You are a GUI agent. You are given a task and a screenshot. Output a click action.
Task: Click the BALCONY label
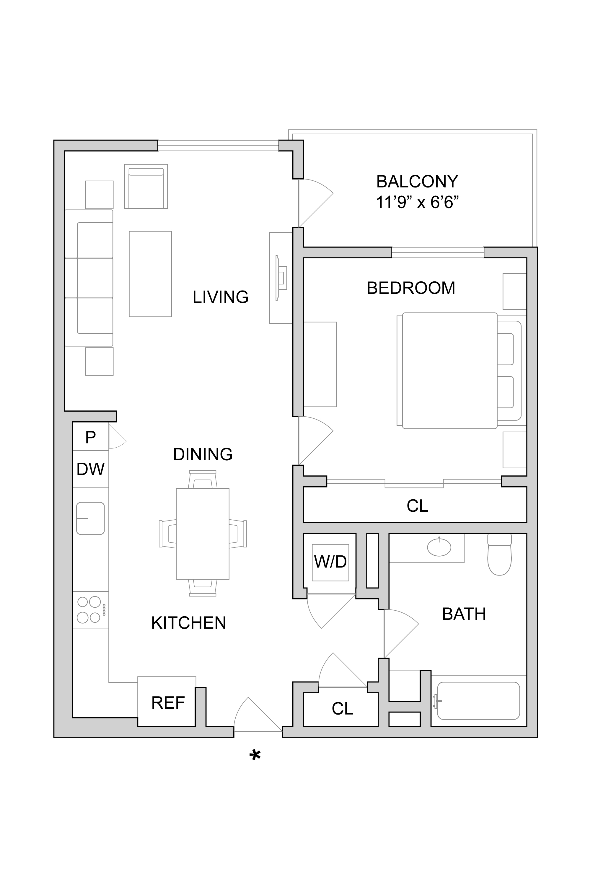(x=417, y=182)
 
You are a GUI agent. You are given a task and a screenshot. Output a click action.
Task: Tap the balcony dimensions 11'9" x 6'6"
(x=417, y=203)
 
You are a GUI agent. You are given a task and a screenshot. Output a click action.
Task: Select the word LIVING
(x=221, y=297)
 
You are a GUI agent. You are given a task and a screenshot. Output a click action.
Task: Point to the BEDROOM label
(x=411, y=288)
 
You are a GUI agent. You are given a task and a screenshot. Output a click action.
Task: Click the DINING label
(x=203, y=454)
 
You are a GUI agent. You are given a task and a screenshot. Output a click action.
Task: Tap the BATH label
(x=464, y=614)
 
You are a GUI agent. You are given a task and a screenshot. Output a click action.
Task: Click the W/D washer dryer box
(x=330, y=562)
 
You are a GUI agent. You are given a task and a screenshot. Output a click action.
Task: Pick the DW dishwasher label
(x=90, y=469)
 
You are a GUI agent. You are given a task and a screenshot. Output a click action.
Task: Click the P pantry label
(x=90, y=437)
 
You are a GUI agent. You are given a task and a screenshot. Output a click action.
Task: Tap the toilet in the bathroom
(x=499, y=554)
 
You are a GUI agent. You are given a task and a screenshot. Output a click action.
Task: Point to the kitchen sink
(x=90, y=518)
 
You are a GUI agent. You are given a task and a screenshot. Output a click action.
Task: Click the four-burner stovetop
(x=91, y=609)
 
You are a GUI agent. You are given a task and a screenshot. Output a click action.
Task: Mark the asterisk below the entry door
(x=255, y=755)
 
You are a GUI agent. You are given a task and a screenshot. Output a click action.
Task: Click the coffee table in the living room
(x=151, y=274)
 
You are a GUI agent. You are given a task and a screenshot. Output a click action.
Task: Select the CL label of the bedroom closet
(x=417, y=506)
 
